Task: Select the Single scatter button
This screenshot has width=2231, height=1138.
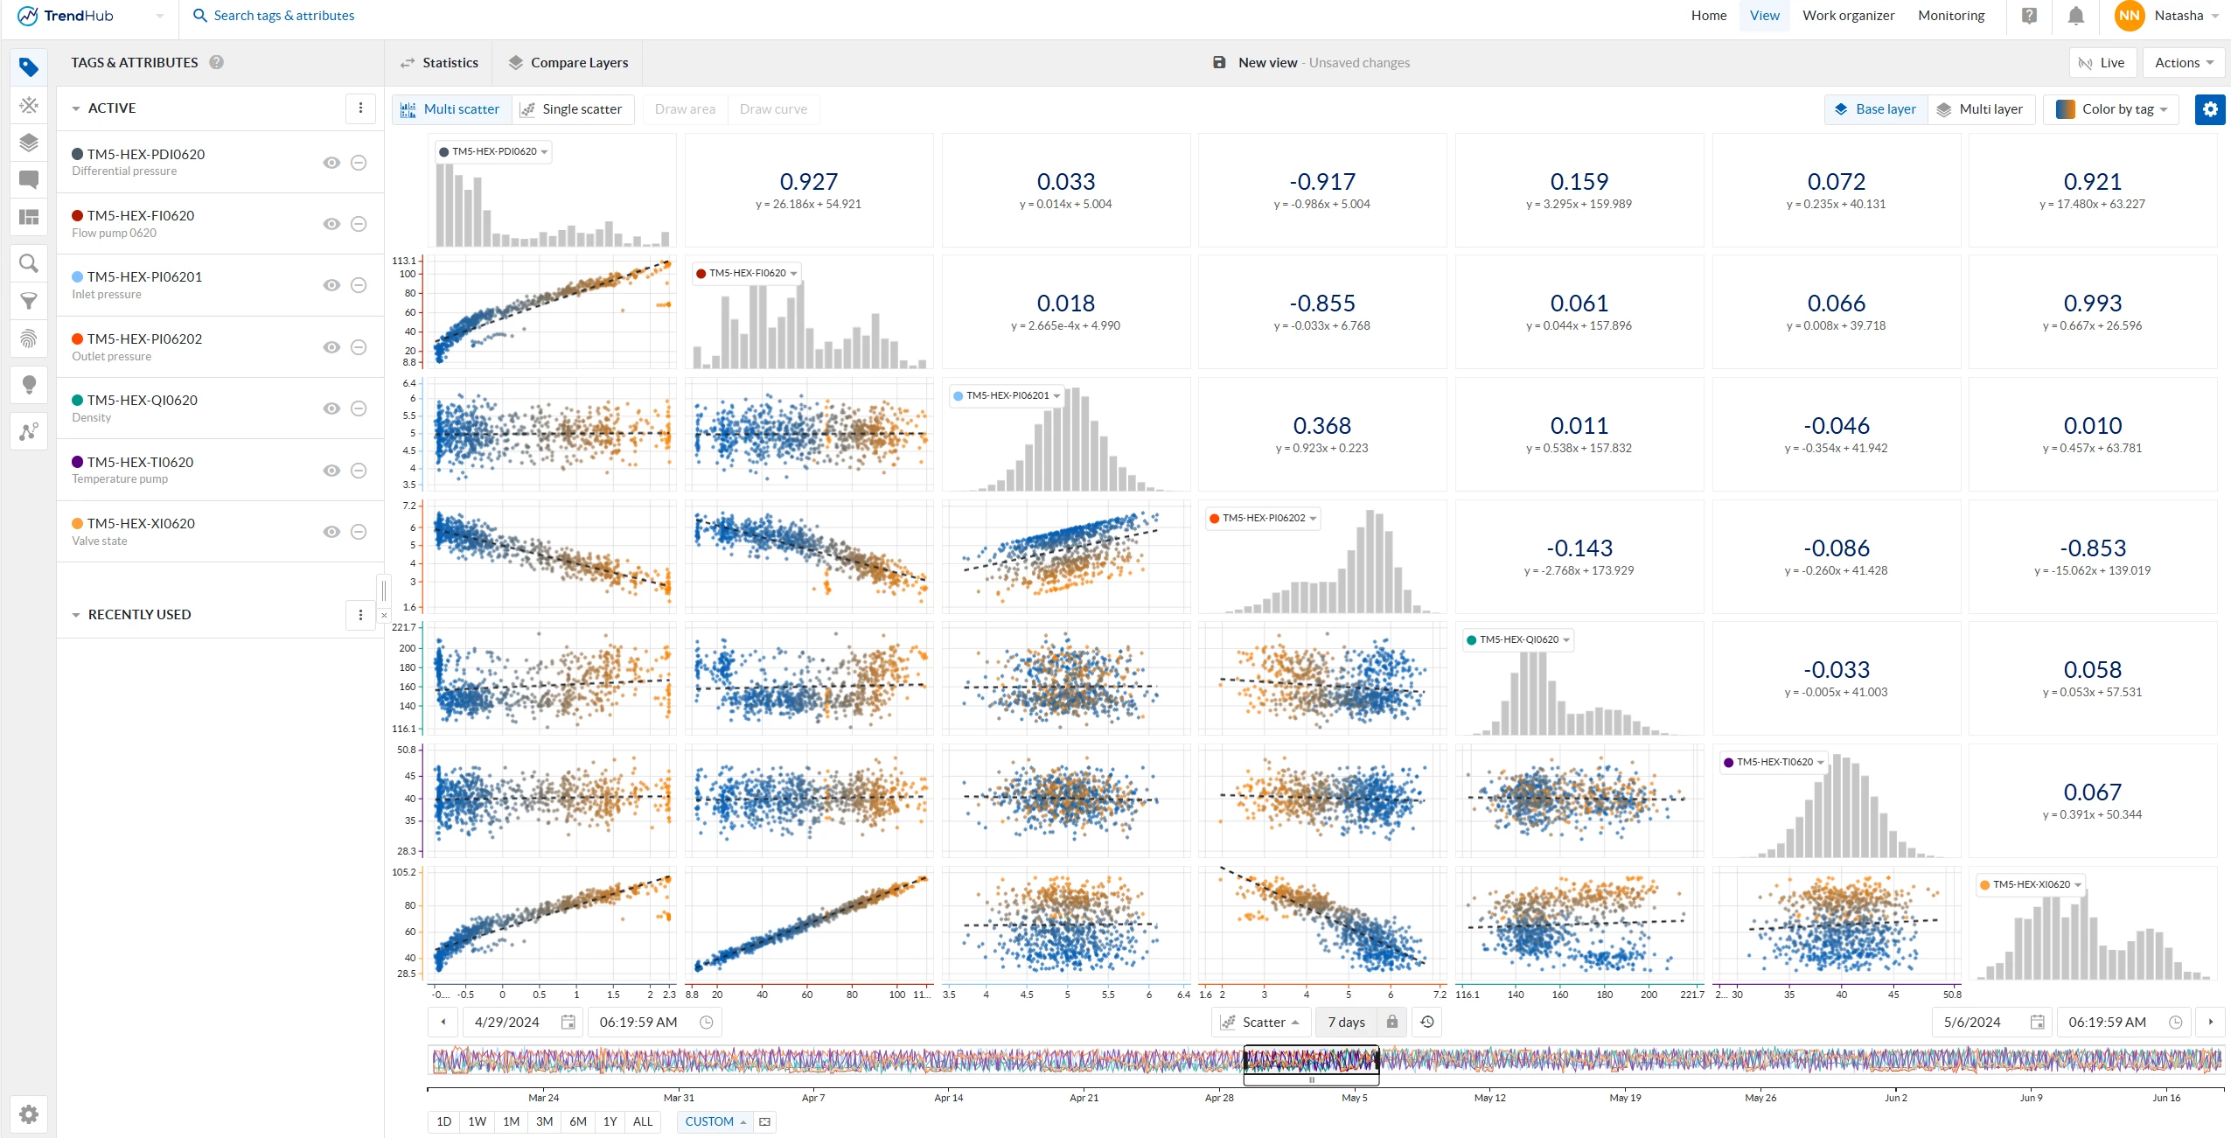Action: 572,109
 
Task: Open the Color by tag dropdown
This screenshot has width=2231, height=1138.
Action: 2112,109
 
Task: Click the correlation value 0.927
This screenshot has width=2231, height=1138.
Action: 808,182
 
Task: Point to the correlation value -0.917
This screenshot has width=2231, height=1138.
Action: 1321,182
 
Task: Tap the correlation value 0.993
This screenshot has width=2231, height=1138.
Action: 2092,304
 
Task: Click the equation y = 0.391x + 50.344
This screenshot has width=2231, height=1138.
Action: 2092,815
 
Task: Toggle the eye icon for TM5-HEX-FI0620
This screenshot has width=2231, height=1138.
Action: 331,224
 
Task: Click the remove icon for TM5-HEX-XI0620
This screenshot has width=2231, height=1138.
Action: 359,532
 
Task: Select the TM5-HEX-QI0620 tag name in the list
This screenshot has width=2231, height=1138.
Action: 143,400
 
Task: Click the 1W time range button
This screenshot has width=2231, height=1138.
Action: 478,1121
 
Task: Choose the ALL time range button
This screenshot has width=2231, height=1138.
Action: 643,1121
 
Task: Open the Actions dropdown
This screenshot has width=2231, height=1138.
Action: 2183,63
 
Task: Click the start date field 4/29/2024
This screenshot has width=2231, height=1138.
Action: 507,1022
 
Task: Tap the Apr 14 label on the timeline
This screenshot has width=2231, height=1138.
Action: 948,1098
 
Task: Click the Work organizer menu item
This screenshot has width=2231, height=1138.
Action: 1848,16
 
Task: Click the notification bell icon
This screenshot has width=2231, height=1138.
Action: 2075,16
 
